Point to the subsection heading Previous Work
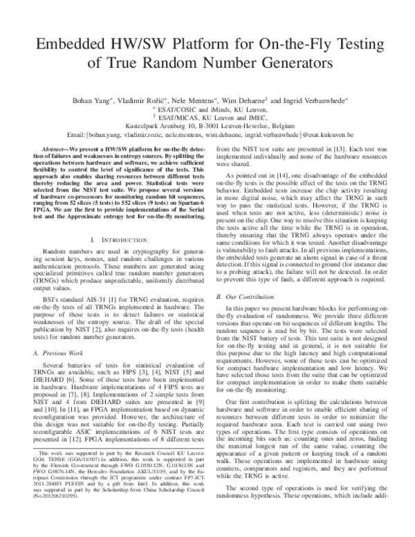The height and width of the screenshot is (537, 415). click(66, 352)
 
